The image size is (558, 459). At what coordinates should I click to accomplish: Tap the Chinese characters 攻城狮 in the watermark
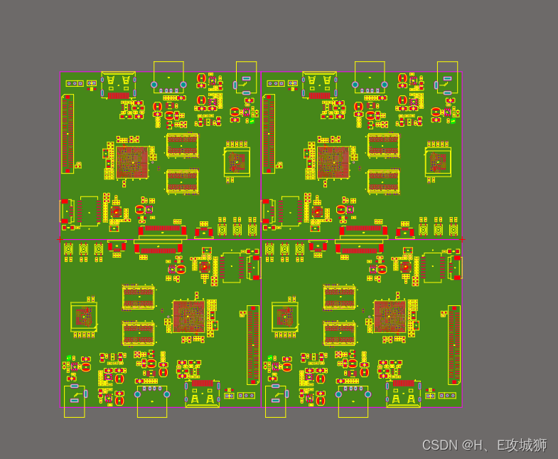point(527,445)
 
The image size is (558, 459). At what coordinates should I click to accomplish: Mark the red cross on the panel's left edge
point(60,239)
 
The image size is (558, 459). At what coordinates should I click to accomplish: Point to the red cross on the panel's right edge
point(462,239)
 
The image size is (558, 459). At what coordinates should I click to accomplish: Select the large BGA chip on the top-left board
point(132,162)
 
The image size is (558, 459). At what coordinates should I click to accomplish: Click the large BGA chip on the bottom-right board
point(390,317)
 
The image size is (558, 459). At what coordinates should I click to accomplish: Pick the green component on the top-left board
point(252,121)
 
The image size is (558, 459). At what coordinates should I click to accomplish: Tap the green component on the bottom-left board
point(69,358)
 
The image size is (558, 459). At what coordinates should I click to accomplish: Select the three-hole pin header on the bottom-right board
point(447,395)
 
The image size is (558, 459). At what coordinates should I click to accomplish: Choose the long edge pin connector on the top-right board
point(269,133)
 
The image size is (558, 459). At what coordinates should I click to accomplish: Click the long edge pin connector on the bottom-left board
point(253,345)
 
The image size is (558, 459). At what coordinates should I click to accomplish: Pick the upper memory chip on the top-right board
point(383,145)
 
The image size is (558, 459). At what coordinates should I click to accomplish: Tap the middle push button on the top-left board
point(237,230)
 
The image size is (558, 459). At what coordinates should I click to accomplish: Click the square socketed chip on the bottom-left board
point(84,316)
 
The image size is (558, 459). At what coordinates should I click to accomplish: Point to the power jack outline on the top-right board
point(447,77)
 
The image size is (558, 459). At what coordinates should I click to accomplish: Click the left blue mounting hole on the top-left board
point(154,85)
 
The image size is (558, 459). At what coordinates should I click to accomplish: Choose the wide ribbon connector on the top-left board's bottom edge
point(162,231)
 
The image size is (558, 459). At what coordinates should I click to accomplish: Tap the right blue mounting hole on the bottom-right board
point(368,394)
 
